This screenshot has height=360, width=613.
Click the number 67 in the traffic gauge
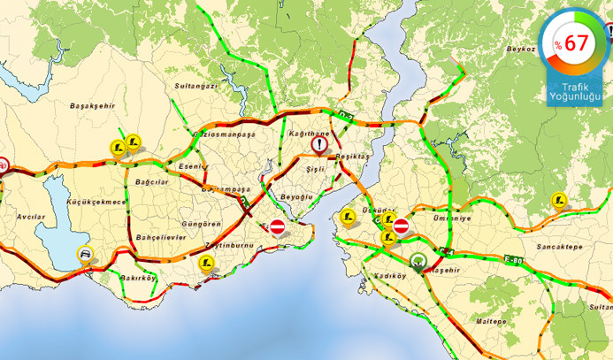tap(576, 42)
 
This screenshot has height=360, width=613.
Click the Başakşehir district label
tap(92, 105)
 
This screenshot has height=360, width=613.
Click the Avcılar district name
tap(31, 216)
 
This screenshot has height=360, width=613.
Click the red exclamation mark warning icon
tap(319, 144)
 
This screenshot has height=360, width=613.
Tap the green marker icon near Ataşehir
tap(418, 261)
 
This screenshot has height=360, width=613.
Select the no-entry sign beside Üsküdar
tap(401, 226)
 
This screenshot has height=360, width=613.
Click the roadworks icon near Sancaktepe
tap(557, 200)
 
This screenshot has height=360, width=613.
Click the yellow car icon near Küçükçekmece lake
tap(83, 255)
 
